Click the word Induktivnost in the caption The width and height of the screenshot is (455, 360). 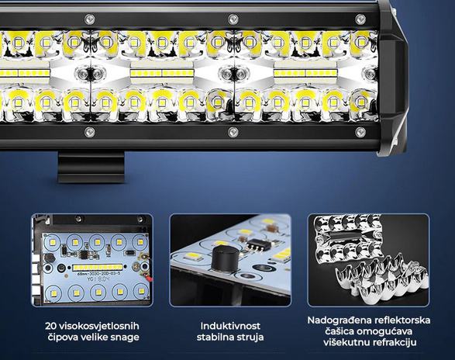pyautogui.click(x=230, y=326)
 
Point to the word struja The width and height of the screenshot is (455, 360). pyautogui.click(x=250, y=337)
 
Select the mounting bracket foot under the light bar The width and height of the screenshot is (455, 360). pyautogui.click(x=91, y=167)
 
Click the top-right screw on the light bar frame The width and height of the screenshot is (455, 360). pyautogui.click(x=360, y=19)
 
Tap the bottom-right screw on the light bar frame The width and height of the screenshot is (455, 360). pyautogui.click(x=360, y=132)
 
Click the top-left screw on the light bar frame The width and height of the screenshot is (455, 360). pyautogui.click(x=89, y=19)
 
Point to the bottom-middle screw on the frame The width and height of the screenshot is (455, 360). pyautogui.click(x=233, y=132)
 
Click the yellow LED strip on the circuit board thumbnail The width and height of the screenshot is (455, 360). pyautogui.click(x=98, y=267)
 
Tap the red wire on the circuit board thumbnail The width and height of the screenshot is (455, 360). pyautogui.click(x=149, y=279)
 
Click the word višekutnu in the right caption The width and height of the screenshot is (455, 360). pyautogui.click(x=342, y=342)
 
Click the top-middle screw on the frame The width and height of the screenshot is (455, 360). pyautogui.click(x=233, y=19)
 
